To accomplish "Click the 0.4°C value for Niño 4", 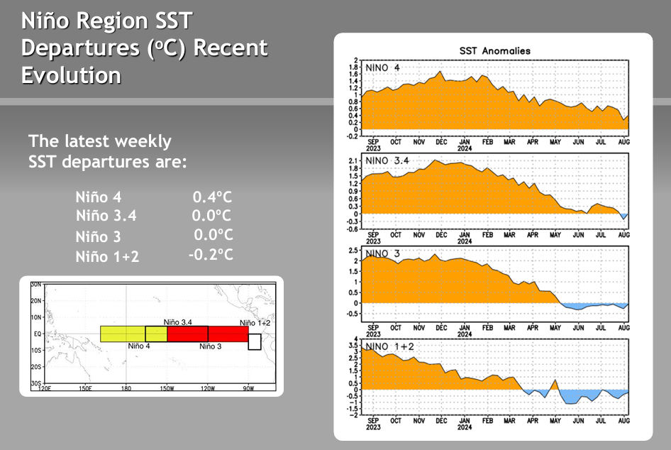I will [x=212, y=197].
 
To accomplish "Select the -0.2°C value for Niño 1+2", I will [x=211, y=253].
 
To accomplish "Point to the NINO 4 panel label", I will [x=383, y=68].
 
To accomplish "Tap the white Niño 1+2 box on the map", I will [x=254, y=342].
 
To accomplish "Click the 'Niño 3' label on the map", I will [x=211, y=346].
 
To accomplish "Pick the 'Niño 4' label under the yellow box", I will [x=139, y=346].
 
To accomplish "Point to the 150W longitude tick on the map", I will [x=167, y=388].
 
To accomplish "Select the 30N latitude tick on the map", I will [x=35, y=284].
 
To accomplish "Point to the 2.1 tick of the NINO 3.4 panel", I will [x=353, y=161].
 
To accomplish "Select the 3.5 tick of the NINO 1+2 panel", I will [x=353, y=344].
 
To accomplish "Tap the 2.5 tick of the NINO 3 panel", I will [x=353, y=251].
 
